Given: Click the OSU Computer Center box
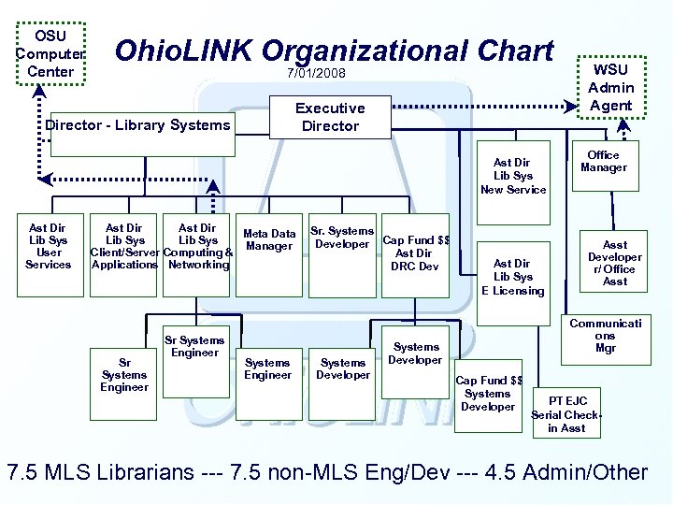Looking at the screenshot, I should [x=50, y=54].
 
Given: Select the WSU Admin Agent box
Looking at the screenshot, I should [x=611, y=87].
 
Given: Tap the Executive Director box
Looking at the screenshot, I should [x=330, y=117].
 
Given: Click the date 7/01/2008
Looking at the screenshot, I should [x=316, y=73].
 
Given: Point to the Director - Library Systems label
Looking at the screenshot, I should [x=137, y=125].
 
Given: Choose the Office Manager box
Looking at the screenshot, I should [x=603, y=162].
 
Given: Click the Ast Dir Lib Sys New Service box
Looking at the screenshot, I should [x=512, y=176].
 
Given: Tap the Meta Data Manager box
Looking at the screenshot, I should [x=269, y=240].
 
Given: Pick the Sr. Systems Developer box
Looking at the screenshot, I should [x=342, y=238].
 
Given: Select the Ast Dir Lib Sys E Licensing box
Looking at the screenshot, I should [x=512, y=277].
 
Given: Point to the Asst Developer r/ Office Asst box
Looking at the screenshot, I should [x=614, y=263].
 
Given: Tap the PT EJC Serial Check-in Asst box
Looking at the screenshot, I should [x=566, y=414].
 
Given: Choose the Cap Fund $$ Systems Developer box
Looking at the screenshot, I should [x=488, y=393].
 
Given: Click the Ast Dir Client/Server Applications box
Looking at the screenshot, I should [x=124, y=247].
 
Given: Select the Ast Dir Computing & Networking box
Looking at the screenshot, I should [x=197, y=247].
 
